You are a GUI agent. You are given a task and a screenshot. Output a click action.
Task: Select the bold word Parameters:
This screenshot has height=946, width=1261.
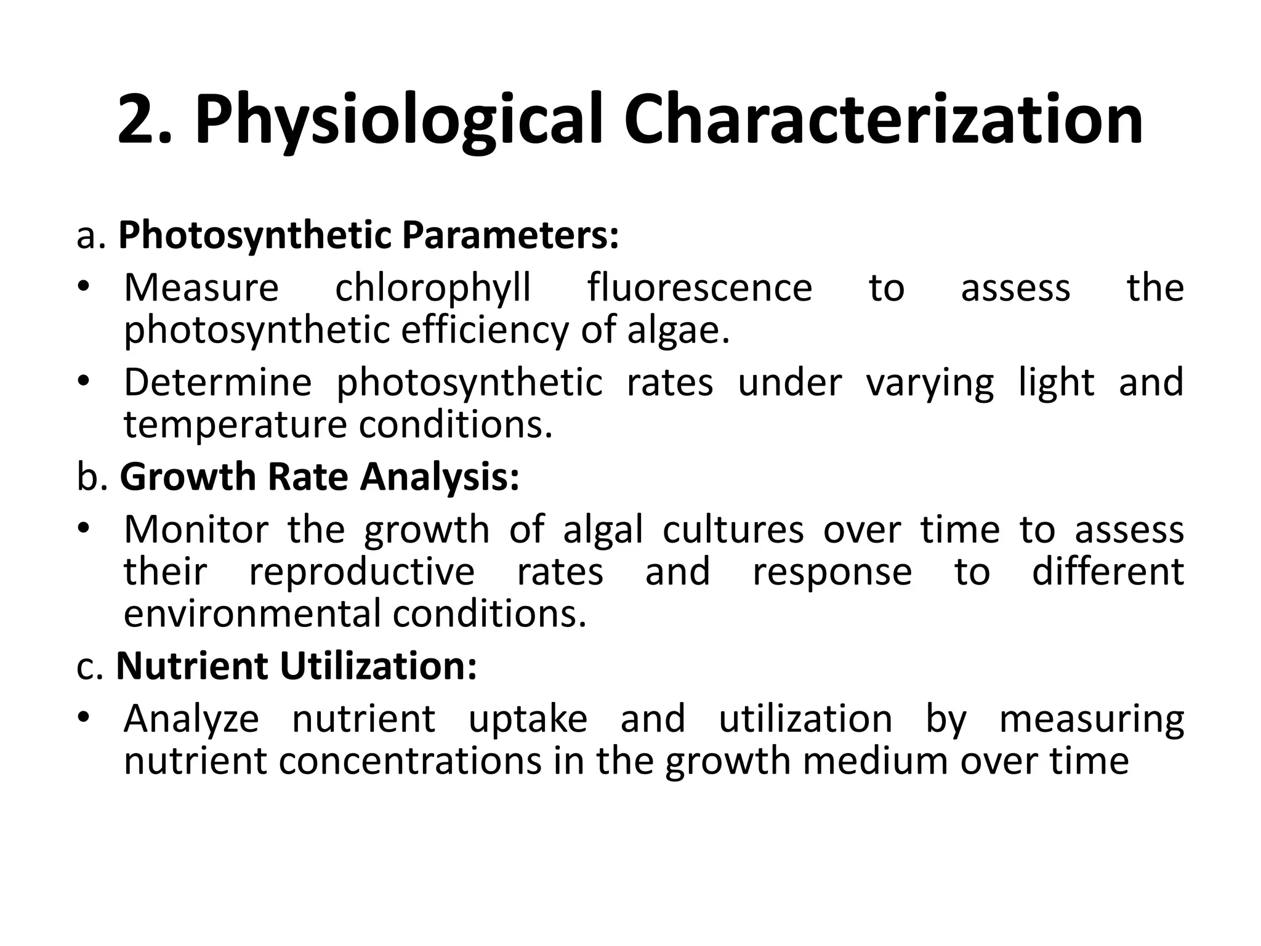510,236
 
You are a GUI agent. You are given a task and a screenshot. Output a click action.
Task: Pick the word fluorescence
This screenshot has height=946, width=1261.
699,288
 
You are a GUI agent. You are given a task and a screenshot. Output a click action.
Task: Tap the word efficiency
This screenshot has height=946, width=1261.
485,331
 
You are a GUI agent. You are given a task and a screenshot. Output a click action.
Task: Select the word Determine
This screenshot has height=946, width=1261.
218,382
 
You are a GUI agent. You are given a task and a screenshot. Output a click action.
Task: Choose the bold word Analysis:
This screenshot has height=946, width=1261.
440,478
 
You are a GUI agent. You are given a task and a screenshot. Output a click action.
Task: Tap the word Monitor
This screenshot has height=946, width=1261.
196,530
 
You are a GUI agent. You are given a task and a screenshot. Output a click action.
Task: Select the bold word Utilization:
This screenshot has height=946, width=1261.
378,666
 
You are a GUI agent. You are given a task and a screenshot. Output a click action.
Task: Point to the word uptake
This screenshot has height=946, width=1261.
528,719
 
